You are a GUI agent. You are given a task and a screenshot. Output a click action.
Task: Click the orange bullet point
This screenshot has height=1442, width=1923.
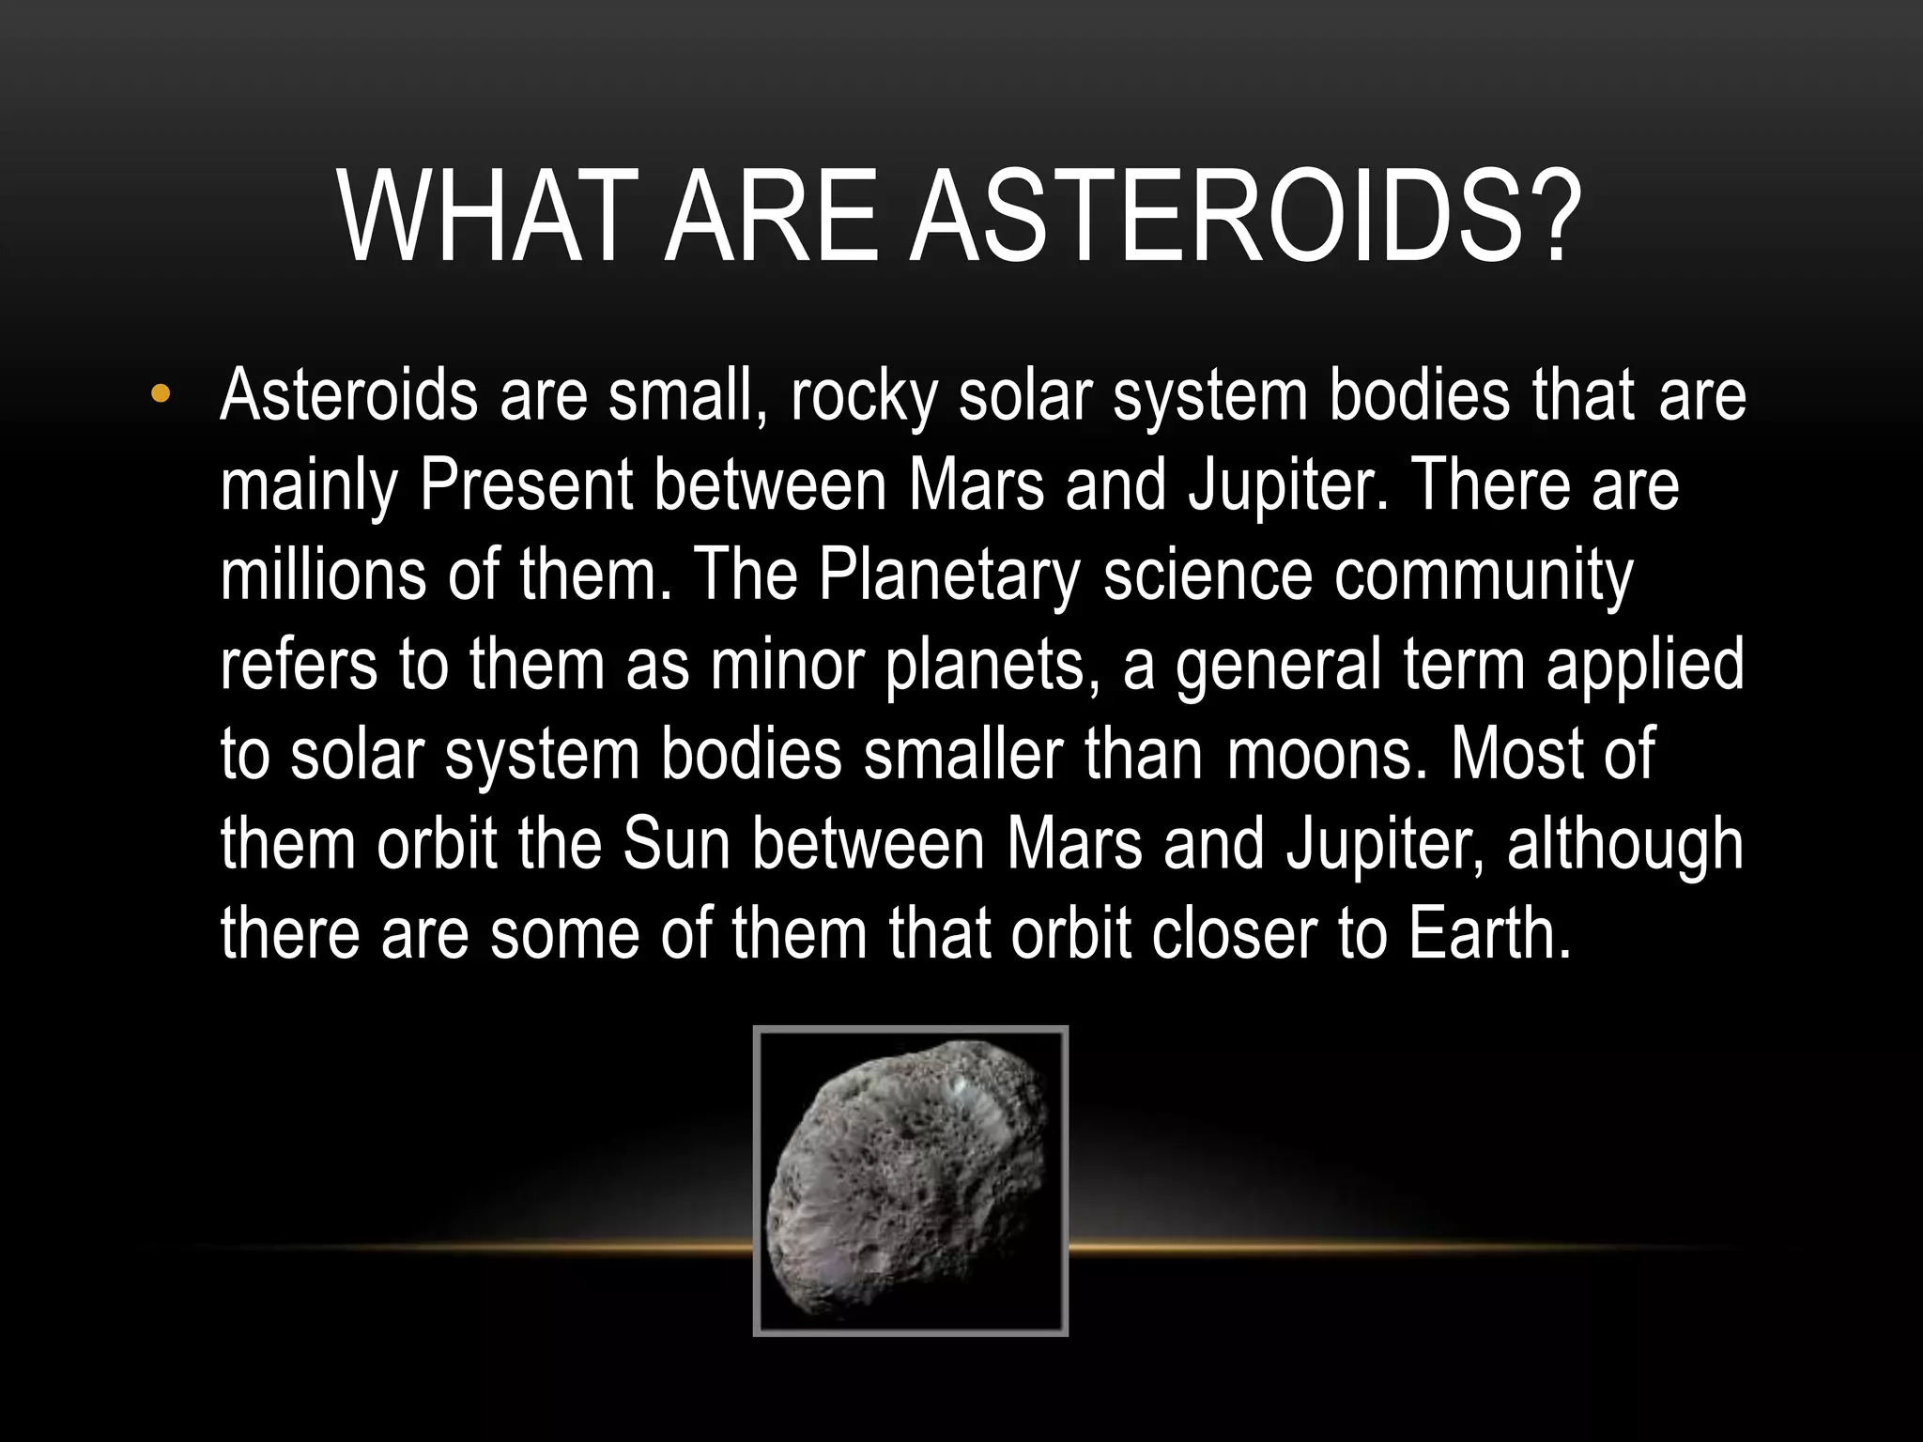(161, 394)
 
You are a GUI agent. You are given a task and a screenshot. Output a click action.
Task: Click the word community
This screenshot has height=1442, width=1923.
(1485, 576)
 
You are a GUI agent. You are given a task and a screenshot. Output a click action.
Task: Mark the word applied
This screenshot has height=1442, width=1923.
(1645, 666)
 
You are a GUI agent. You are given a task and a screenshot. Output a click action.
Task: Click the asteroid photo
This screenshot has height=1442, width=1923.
(910, 1180)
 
